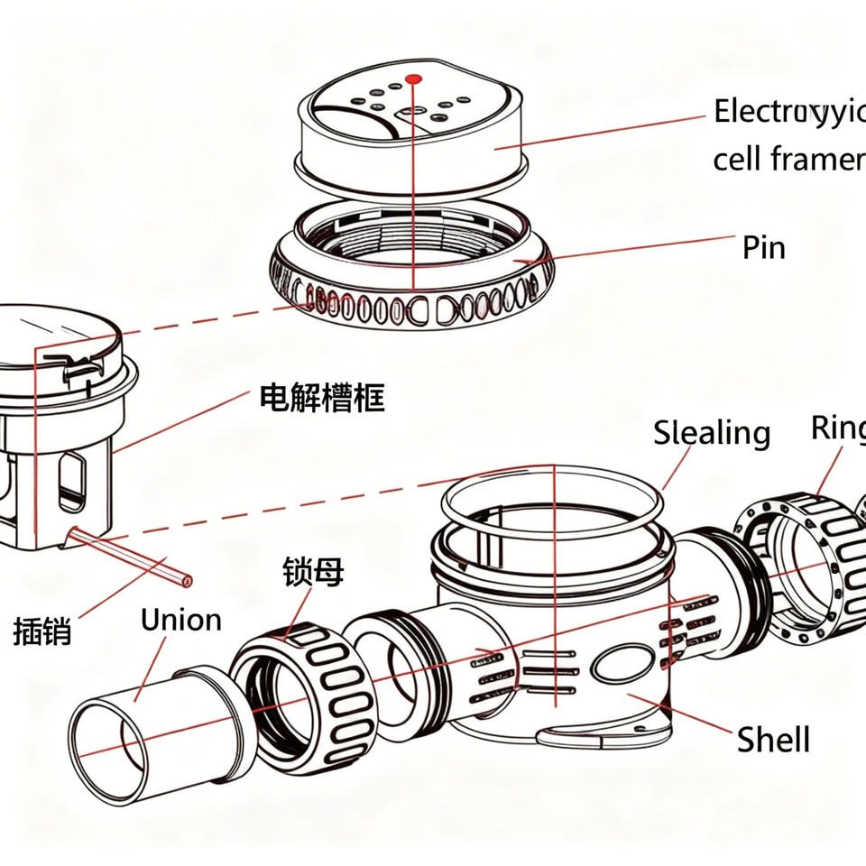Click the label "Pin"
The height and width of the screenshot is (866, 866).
763,247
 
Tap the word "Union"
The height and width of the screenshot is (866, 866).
180,620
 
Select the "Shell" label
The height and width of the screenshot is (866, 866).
773,740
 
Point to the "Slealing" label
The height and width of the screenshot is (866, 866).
712,433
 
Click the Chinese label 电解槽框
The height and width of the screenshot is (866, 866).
321,398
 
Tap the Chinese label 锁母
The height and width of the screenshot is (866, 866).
313,572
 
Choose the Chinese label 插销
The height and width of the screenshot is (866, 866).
42,630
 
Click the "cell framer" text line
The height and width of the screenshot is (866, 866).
787,160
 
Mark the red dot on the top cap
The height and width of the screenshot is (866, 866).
414,79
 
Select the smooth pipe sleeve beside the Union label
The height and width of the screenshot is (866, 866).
153,722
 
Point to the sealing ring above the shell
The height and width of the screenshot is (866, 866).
550,492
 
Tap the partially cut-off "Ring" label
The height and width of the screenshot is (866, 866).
837,428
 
